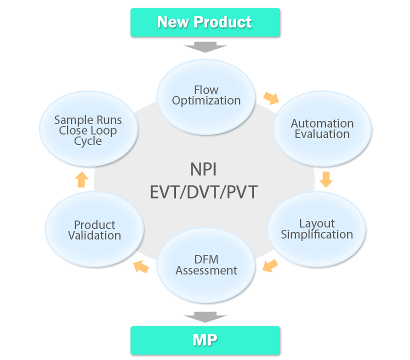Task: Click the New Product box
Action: tap(205, 22)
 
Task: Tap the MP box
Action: tap(205, 340)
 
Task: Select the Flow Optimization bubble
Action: tap(206, 95)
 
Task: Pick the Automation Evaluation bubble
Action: tap(322, 129)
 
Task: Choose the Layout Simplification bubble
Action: tap(317, 229)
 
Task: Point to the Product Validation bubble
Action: tap(94, 230)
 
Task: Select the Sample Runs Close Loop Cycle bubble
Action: tap(88, 130)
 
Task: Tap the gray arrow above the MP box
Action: tap(205, 317)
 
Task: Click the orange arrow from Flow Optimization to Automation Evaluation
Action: tap(271, 97)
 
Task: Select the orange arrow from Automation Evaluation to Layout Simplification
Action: tap(326, 179)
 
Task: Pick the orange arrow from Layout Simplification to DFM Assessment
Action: tap(270, 265)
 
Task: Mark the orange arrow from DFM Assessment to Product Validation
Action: tap(141, 266)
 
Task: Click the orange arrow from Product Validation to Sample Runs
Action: tap(82, 179)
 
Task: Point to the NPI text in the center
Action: tap(203, 169)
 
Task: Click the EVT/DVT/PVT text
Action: tap(203, 192)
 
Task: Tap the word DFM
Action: tap(206, 259)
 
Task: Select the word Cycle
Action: tap(88, 141)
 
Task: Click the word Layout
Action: tap(317, 223)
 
